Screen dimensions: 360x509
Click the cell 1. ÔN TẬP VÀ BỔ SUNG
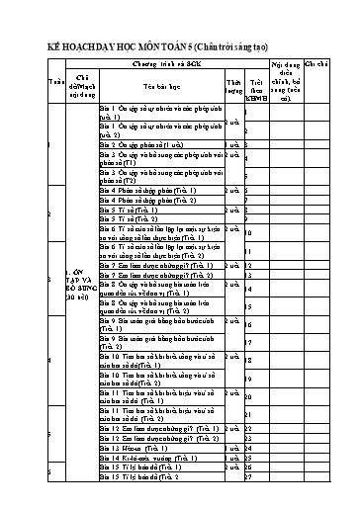80,286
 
